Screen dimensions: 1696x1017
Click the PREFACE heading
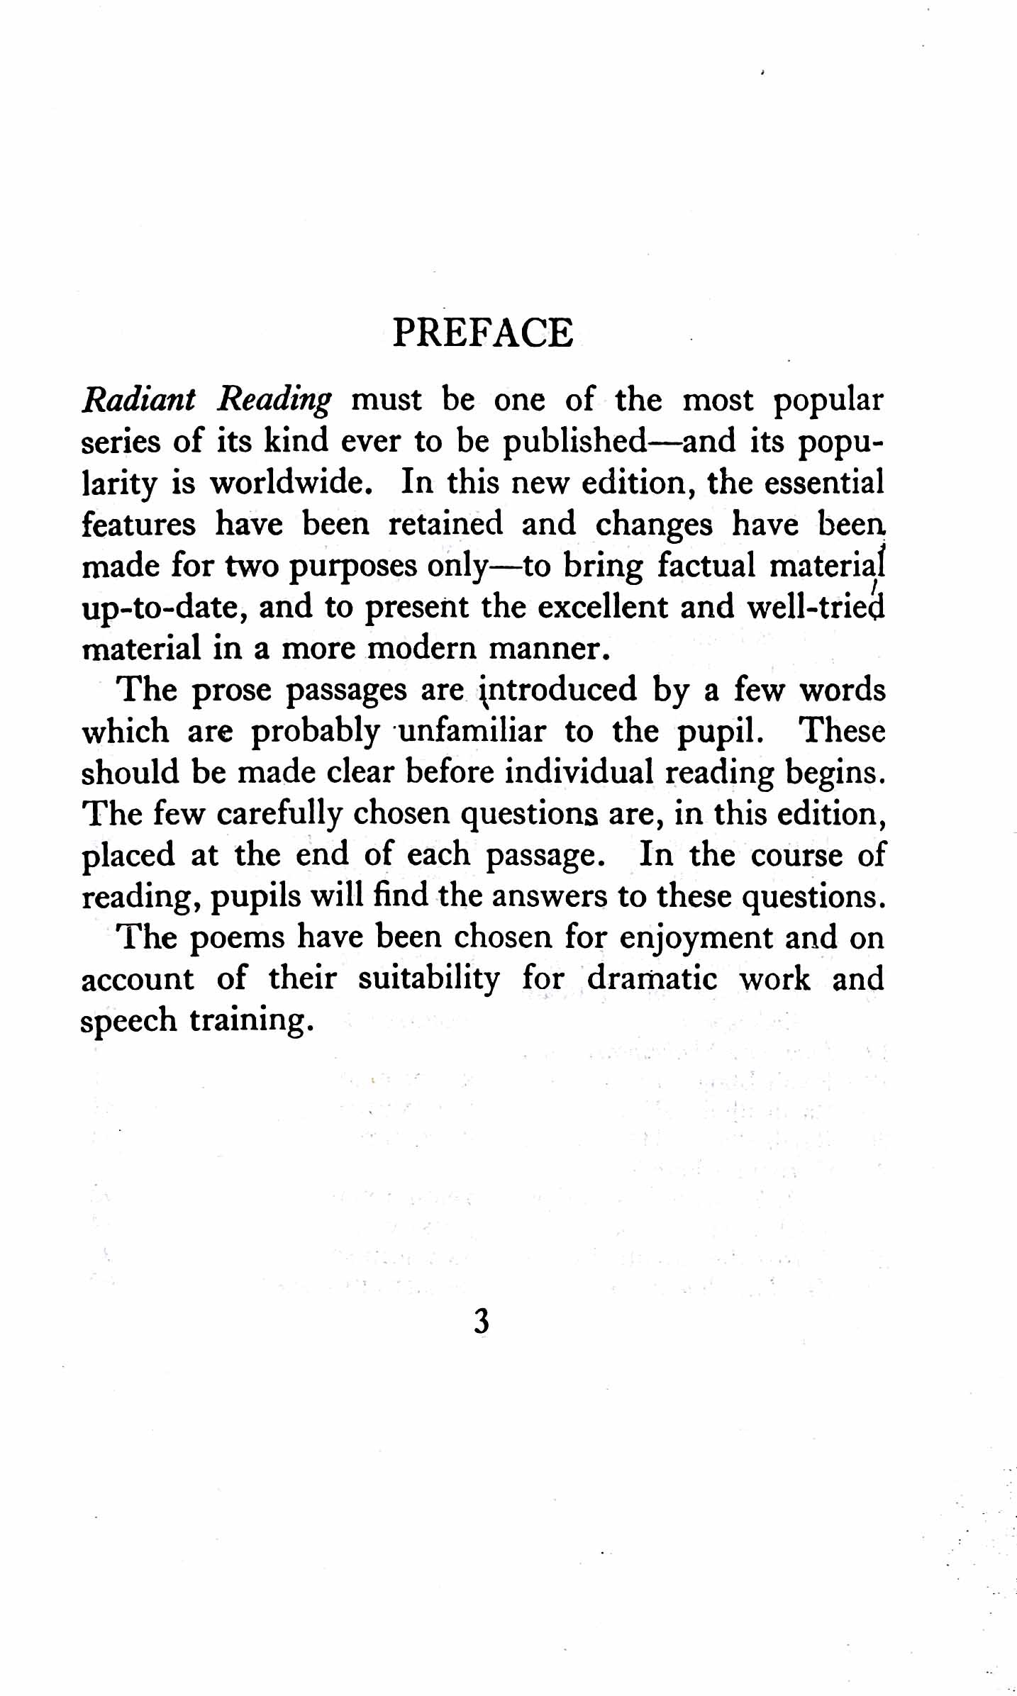[482, 333]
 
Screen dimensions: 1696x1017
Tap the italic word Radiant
[139, 401]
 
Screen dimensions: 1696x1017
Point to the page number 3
[482, 1322]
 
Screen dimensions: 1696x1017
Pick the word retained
[445, 525]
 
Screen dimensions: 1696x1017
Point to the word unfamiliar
[472, 731]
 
